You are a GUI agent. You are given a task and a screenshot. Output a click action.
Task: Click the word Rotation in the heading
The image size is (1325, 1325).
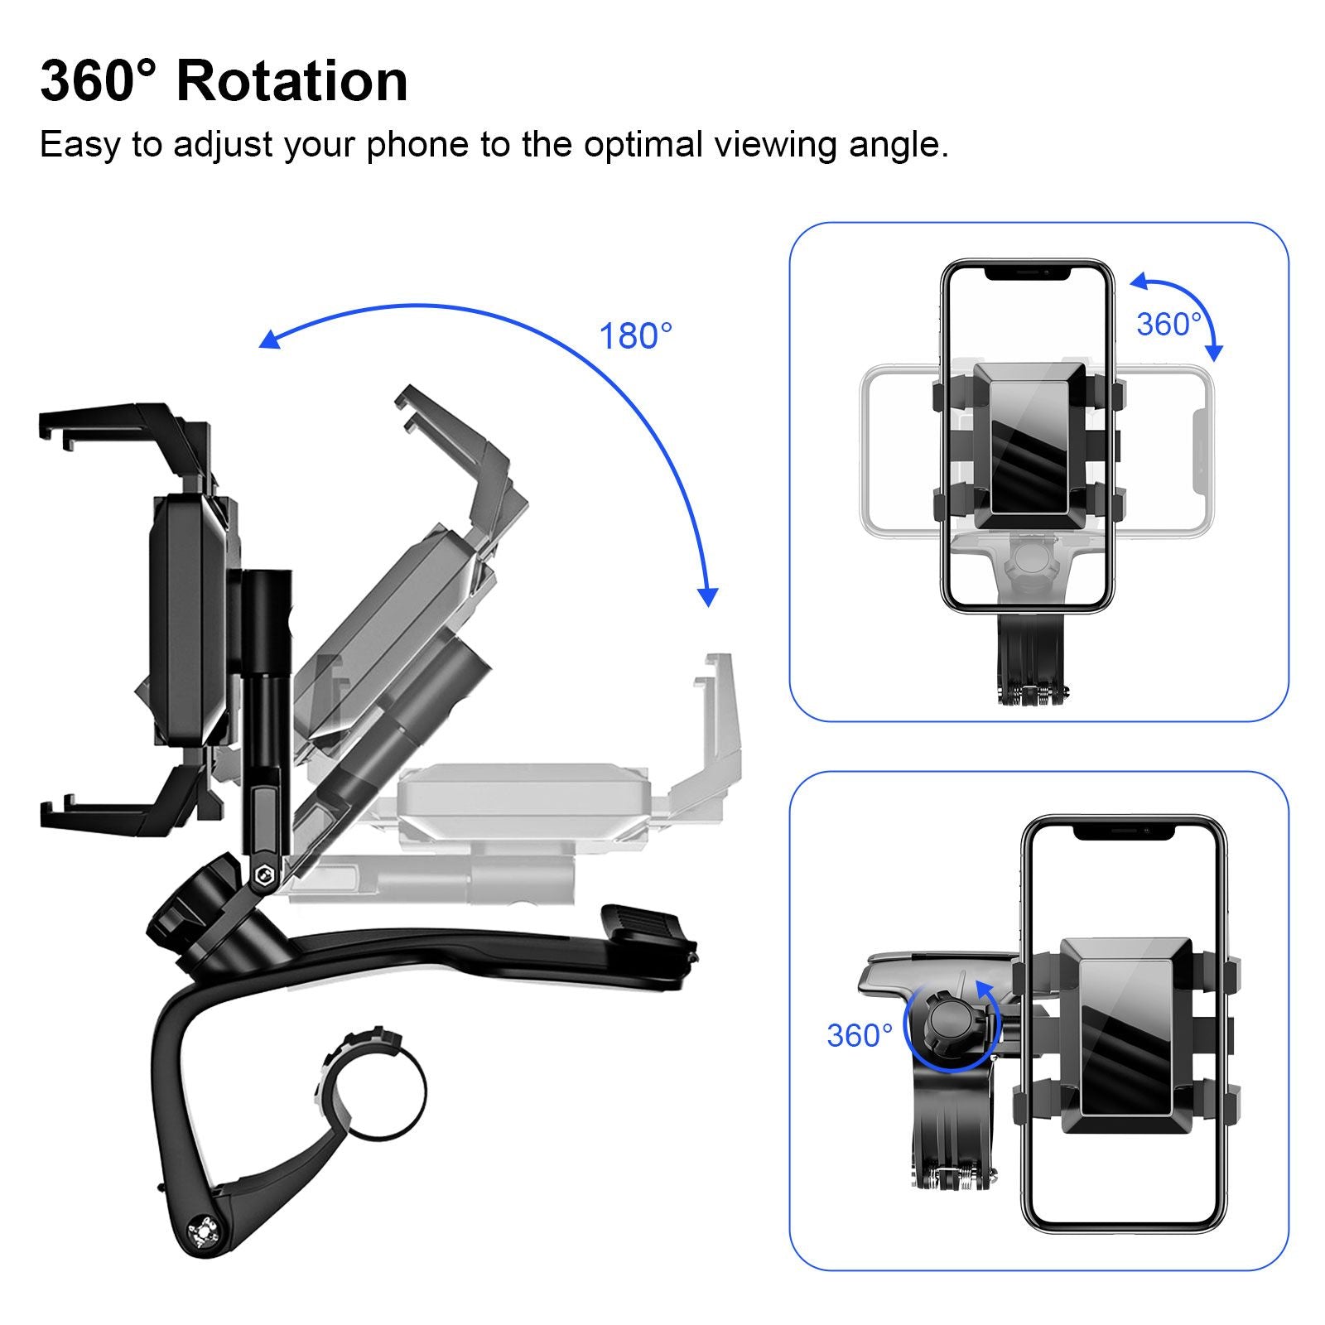coord(291,81)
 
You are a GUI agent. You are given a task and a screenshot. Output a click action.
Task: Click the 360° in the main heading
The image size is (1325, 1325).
coord(98,81)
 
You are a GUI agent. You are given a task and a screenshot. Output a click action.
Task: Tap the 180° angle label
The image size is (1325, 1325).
coord(635,336)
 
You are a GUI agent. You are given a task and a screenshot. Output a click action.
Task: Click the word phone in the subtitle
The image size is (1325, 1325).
coord(417,145)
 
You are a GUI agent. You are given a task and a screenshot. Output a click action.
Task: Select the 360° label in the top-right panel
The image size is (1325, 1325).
coord(1168,325)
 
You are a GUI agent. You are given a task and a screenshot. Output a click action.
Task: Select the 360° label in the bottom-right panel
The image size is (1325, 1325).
coord(860,1035)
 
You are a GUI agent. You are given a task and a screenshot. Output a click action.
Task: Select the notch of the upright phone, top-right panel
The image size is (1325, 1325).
coord(1027,272)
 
